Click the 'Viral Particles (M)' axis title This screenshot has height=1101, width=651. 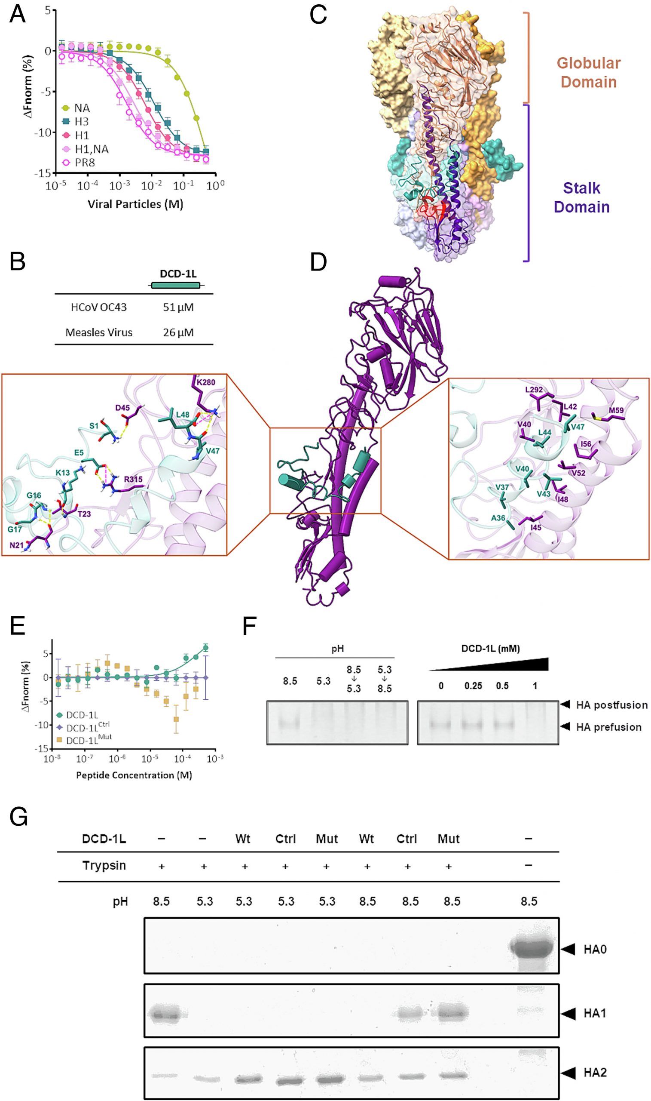point(135,204)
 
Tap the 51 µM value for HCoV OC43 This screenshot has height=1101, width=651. point(178,308)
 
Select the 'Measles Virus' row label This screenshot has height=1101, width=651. point(99,333)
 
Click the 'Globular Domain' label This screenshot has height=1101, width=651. point(588,72)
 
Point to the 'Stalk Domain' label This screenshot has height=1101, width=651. point(581,197)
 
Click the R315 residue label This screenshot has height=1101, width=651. point(133,480)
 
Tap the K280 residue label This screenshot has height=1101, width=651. point(206,382)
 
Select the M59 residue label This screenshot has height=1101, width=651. point(615,411)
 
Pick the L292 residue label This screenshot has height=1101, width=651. point(534,390)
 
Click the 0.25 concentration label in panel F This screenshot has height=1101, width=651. point(474,686)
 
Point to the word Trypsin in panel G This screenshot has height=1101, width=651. point(104,865)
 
